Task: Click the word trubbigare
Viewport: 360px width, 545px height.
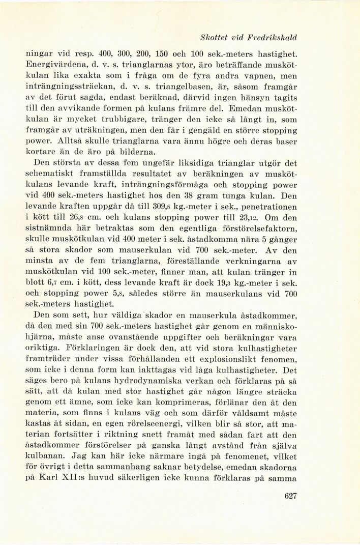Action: (x=109, y=120)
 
